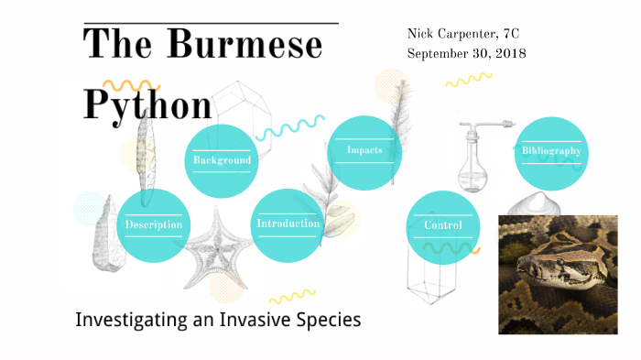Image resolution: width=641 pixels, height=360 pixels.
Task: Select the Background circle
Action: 222,160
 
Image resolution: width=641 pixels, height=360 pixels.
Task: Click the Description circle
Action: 154,224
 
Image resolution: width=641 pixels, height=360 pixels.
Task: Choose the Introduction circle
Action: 288,224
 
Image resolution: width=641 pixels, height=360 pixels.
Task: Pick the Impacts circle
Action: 364,151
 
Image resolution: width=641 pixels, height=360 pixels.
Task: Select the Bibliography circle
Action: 551,152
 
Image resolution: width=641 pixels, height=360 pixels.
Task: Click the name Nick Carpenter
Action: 448,34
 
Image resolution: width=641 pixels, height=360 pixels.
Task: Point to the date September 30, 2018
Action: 466,53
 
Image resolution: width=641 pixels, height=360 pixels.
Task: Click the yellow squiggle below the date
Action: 468,80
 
